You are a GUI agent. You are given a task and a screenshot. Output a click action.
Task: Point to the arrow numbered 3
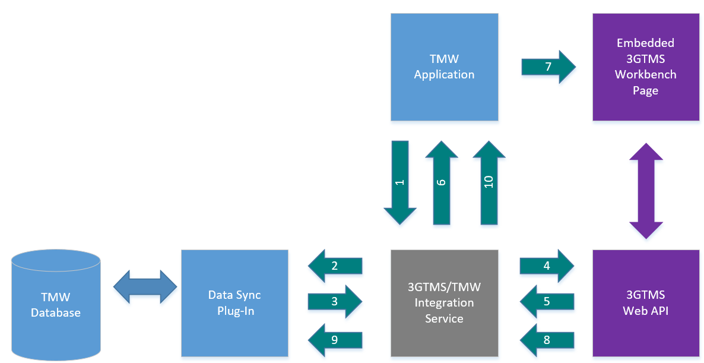tap(335, 302)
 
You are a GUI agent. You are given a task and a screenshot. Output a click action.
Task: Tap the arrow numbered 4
tap(547, 266)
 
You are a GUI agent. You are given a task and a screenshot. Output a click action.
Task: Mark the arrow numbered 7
tap(548, 67)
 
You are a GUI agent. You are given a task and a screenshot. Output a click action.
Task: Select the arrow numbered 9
tap(335, 340)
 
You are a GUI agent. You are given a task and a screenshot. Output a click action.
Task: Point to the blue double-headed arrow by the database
tap(145, 286)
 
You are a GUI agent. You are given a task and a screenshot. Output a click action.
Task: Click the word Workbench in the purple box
tap(645, 75)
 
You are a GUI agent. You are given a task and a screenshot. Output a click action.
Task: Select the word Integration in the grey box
tap(444, 303)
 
